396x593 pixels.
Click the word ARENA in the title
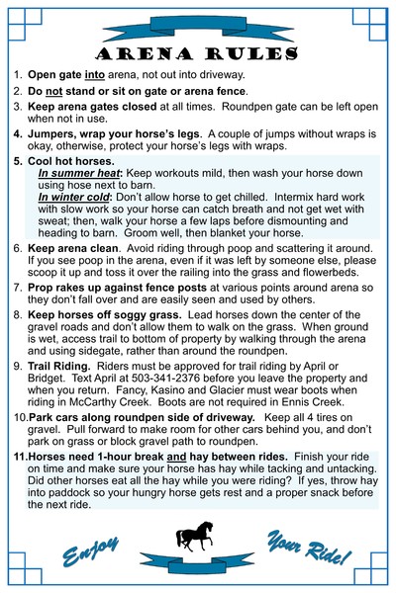(x=148, y=51)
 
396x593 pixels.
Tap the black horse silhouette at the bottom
(x=197, y=536)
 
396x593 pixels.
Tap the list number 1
(x=18, y=74)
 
